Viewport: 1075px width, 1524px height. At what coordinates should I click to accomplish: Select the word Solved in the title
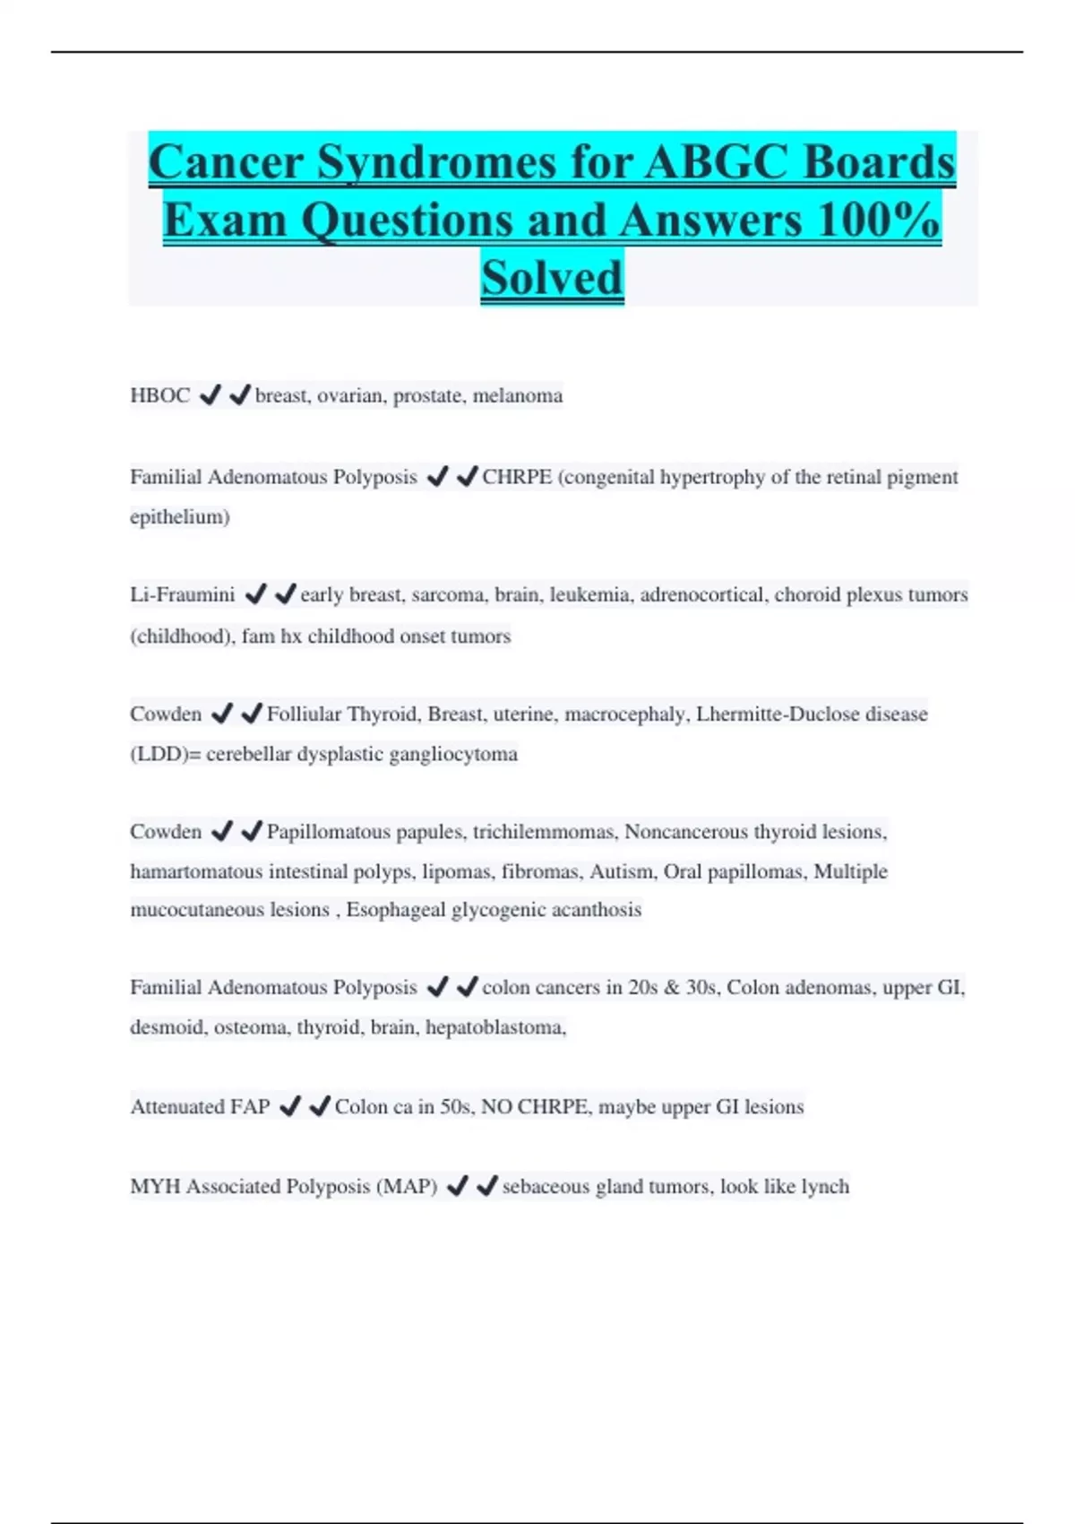pos(552,277)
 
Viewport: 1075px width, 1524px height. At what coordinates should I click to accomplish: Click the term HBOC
pos(160,395)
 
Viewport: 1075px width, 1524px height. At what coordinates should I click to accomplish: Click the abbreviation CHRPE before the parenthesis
pos(517,477)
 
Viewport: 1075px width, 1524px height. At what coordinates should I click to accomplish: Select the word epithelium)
pos(180,517)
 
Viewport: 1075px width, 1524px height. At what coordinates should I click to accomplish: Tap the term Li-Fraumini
pos(183,594)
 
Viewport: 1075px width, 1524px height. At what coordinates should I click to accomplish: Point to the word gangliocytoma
pos(453,754)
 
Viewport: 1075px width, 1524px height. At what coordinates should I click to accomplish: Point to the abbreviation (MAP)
pos(407,1187)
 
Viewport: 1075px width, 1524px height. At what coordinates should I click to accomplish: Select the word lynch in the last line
pos(824,1187)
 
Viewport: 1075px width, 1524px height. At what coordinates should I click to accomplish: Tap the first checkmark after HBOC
pos(210,395)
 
